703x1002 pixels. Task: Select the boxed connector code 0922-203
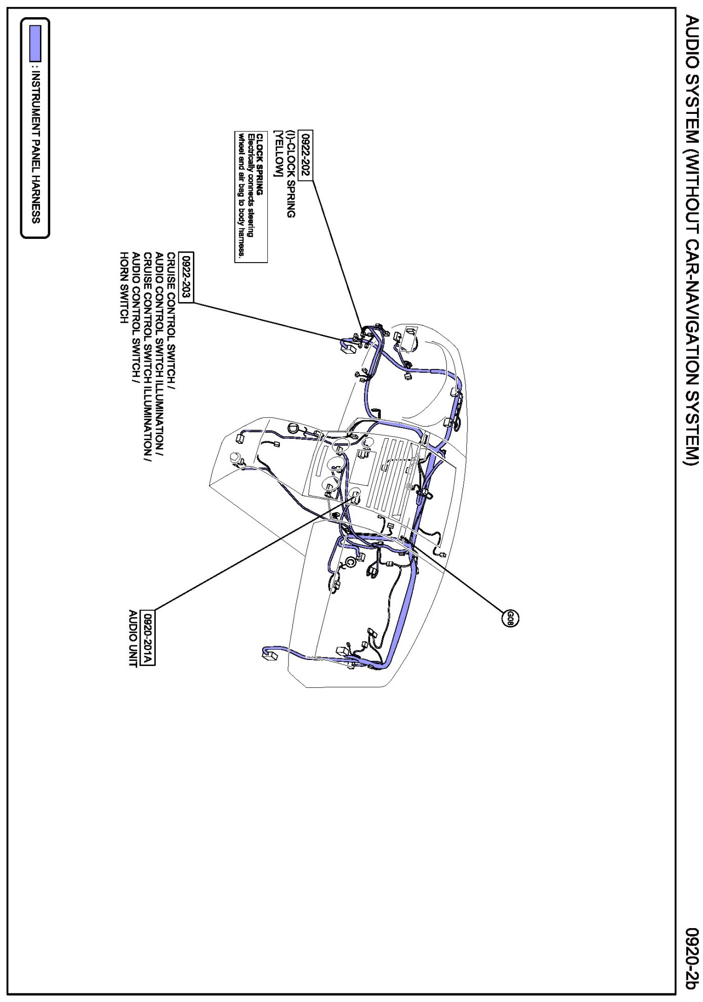point(187,277)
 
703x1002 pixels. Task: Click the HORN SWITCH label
point(122,287)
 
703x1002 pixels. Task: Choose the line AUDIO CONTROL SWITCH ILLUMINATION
point(160,354)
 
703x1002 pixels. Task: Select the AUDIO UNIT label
point(134,638)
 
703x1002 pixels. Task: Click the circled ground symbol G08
point(510,618)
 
